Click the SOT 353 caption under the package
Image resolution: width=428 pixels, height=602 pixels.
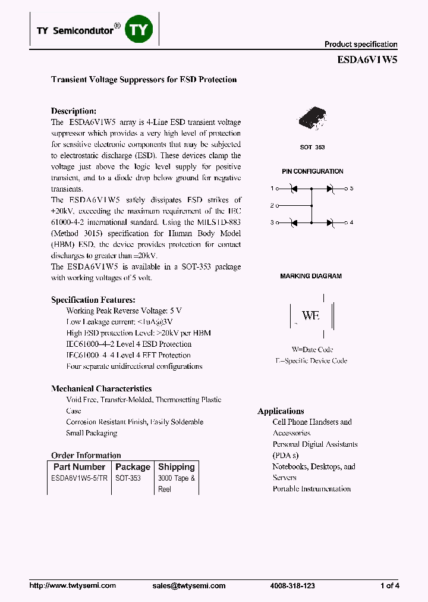(x=312, y=147)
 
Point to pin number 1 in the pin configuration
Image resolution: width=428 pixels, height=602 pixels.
(x=272, y=189)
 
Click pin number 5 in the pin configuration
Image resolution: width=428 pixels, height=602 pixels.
(x=351, y=189)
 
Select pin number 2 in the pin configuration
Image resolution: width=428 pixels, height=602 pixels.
(x=272, y=206)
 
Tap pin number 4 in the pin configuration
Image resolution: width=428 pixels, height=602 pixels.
(x=351, y=222)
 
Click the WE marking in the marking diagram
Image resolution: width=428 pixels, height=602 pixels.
(x=310, y=315)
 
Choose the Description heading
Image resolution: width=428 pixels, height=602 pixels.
(x=73, y=111)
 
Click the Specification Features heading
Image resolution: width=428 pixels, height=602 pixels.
(x=93, y=300)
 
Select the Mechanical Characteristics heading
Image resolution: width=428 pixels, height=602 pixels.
(x=101, y=388)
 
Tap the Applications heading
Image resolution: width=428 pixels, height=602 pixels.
(x=281, y=411)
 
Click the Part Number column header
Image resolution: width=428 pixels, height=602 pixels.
(x=79, y=467)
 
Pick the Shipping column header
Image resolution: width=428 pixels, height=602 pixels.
(x=176, y=467)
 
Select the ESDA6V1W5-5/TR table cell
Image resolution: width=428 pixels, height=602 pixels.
(x=80, y=478)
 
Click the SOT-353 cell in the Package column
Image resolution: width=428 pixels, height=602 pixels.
(x=128, y=478)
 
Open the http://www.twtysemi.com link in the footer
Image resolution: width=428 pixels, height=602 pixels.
(x=73, y=586)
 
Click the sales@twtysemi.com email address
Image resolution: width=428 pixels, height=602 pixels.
(x=188, y=586)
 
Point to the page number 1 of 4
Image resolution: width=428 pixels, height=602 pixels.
(x=389, y=586)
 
